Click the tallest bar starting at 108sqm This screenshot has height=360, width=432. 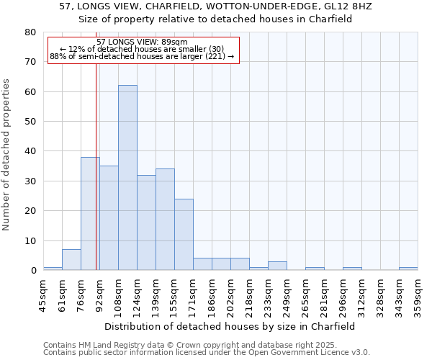[127, 178]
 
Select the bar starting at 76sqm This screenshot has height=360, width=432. [90, 214]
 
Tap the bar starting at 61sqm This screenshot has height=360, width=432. [71, 260]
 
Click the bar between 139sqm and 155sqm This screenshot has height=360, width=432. [165, 220]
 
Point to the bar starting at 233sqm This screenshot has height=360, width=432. [277, 266]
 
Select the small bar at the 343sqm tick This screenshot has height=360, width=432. [408, 269]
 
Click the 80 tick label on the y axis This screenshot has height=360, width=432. [30, 32]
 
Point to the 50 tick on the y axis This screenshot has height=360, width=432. [30, 122]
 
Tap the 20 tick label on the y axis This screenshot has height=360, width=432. [30, 211]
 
